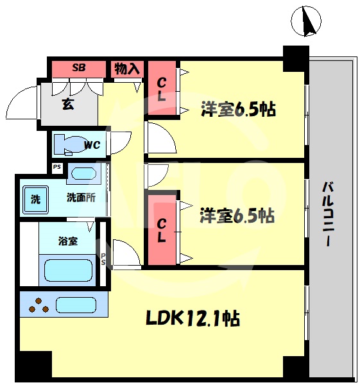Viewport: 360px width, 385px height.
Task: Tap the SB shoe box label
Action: click(78, 67)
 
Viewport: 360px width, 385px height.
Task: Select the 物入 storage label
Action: click(126, 68)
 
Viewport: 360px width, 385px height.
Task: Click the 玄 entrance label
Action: click(67, 104)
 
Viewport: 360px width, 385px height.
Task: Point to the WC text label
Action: click(92, 145)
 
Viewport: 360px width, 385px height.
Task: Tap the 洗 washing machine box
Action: click(35, 198)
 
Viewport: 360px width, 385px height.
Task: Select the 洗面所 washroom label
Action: click(81, 198)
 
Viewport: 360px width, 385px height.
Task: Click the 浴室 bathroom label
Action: click(68, 241)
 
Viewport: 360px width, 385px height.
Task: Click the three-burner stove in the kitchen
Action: click(39, 305)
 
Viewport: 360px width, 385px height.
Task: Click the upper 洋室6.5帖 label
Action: click(238, 109)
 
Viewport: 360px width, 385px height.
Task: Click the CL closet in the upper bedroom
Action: click(162, 90)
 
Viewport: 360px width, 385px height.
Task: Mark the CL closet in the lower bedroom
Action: click(162, 230)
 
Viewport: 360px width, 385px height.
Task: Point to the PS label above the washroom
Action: click(57, 168)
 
